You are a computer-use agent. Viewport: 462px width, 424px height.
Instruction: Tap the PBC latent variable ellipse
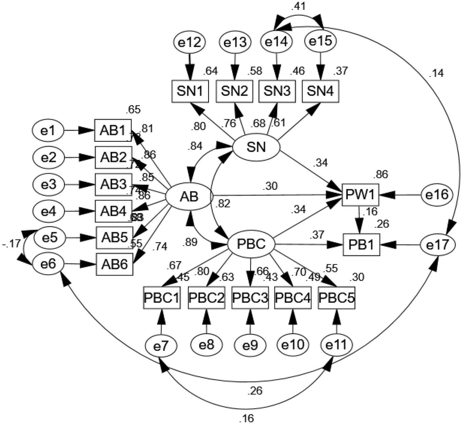pos(251,244)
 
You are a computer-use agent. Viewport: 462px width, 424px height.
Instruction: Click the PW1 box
pos(360,195)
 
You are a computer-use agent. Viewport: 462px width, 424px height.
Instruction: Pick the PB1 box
pos(361,245)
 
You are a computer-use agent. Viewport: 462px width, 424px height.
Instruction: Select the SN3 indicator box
pos(277,91)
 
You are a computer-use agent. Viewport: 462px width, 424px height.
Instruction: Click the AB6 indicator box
pos(114,264)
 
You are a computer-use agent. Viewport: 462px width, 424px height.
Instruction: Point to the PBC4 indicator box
pos(292,298)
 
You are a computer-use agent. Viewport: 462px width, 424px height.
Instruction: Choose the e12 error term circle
pos(189,42)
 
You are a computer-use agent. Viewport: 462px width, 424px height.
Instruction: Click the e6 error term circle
pos(48,264)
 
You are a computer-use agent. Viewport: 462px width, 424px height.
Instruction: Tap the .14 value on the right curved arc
pos(436,73)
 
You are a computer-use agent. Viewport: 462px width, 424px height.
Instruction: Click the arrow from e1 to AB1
pos(79,130)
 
